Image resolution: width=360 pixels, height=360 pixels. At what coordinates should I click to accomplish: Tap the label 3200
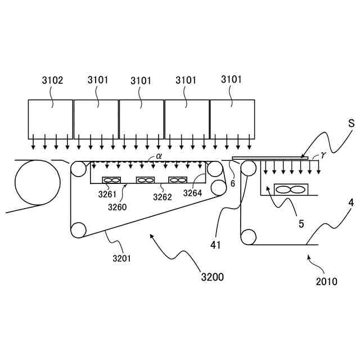[x=212, y=277]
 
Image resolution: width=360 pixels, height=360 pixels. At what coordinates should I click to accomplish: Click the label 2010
[x=326, y=281]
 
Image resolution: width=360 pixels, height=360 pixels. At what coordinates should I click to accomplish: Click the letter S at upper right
[x=350, y=123]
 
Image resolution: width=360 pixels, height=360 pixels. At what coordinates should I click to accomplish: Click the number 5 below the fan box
[x=301, y=223]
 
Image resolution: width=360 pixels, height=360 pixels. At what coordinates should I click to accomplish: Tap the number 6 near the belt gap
[x=232, y=183]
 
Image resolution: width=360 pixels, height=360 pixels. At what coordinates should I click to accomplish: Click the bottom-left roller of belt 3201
[x=78, y=230]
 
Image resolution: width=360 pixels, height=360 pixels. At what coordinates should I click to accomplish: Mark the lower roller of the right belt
[x=247, y=236]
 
